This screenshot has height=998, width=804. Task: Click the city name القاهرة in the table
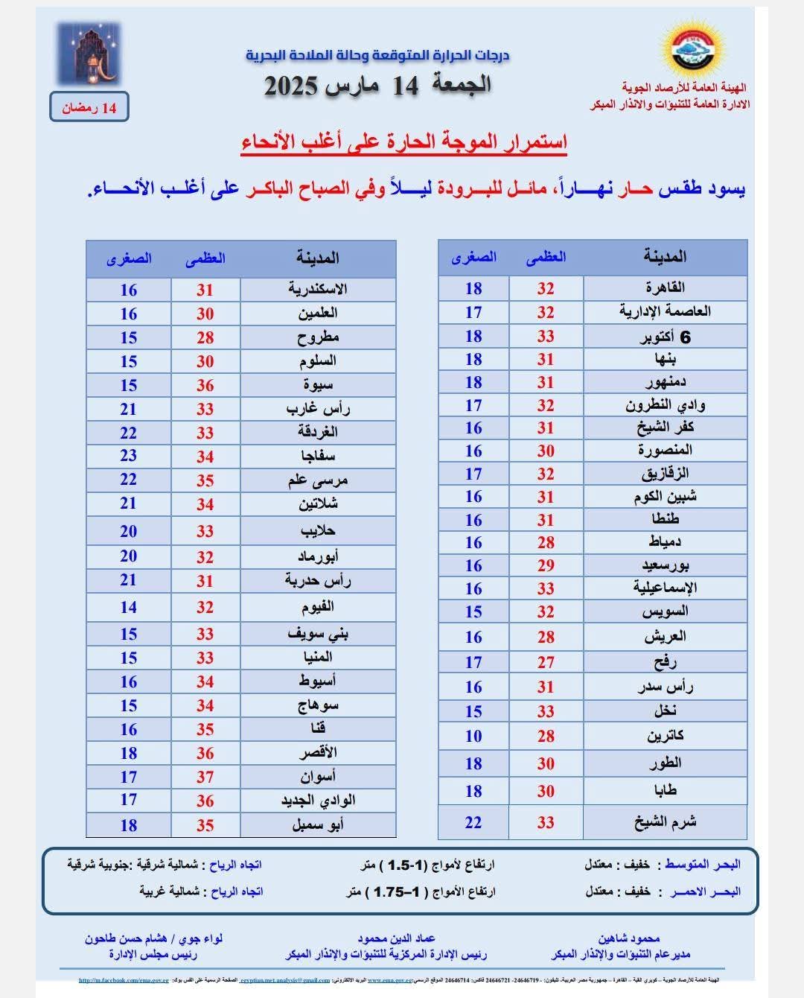[x=665, y=287]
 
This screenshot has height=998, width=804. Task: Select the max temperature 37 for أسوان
[x=205, y=777]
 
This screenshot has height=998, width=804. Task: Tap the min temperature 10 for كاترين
[x=473, y=736]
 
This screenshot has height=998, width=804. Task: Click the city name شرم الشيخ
[x=665, y=822]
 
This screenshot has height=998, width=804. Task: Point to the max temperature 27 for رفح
[x=546, y=662]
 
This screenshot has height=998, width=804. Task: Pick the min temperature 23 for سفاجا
[x=129, y=456]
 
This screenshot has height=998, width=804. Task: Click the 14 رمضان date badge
[x=89, y=108]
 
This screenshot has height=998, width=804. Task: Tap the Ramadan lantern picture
[x=89, y=54]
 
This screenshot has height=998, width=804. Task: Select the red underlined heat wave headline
[x=404, y=142]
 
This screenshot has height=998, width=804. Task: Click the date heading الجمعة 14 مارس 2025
[x=378, y=86]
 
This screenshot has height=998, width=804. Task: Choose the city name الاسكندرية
[x=318, y=289]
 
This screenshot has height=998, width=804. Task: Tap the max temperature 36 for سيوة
[x=205, y=385]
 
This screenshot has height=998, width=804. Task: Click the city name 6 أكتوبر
[x=665, y=337]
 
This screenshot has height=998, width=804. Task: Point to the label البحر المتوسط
[x=702, y=865]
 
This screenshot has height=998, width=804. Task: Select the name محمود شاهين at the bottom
[x=628, y=938]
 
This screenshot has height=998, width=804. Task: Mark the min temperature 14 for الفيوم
[x=129, y=607]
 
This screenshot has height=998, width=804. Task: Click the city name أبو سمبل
[x=318, y=825]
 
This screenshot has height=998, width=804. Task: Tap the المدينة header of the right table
[x=665, y=257]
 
